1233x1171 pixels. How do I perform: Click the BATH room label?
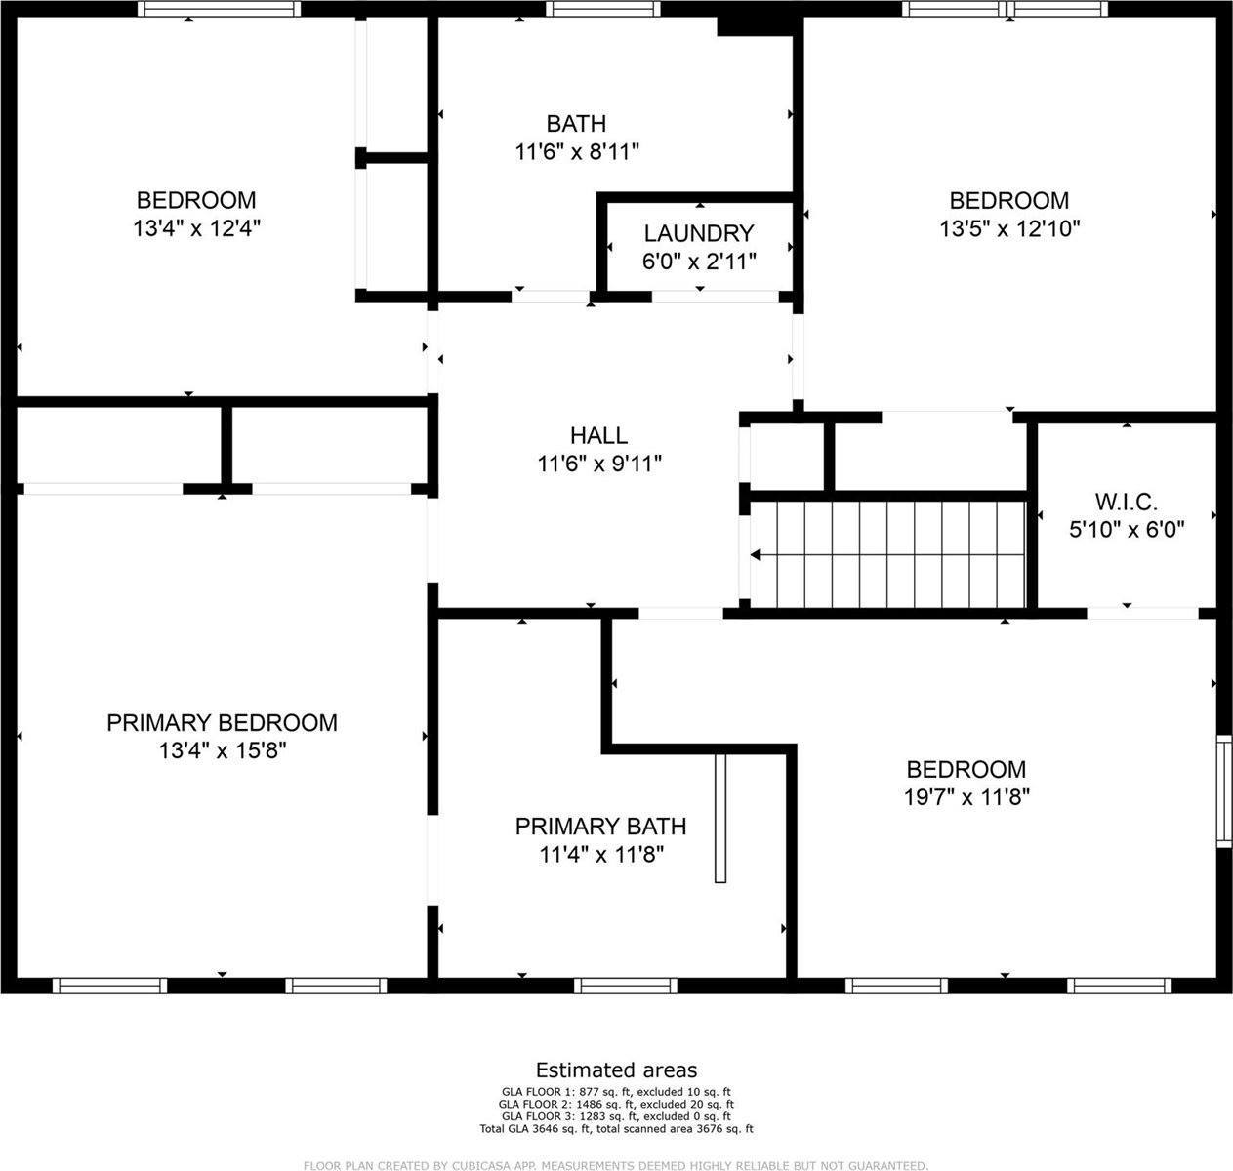[576, 124]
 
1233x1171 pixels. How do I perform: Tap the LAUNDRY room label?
[699, 233]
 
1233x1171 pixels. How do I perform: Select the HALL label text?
[598, 435]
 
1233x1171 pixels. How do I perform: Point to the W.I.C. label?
[1126, 503]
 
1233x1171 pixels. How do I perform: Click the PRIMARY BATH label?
[600, 827]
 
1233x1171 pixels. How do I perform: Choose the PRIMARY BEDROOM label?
[222, 723]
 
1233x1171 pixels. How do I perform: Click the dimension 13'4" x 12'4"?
[197, 228]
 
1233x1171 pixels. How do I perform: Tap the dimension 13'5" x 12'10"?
[1009, 228]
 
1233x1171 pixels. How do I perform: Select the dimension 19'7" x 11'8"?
[966, 797]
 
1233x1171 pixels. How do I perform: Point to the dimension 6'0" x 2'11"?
[699, 261]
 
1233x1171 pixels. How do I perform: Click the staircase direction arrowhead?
[756, 555]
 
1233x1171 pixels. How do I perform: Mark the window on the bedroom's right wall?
[1223, 790]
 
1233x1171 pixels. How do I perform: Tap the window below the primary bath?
[625, 986]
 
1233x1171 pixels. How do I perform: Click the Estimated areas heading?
[616, 1070]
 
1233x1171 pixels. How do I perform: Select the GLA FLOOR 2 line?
[616, 1104]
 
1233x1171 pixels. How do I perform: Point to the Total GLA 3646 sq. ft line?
[616, 1129]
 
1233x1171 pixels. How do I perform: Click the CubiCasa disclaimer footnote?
[616, 1165]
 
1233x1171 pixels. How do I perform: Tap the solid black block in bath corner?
[754, 25]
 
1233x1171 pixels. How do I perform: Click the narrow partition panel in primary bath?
[721, 818]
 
